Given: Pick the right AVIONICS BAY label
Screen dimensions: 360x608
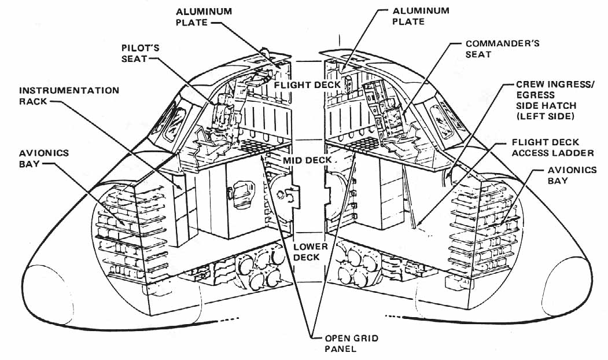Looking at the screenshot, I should (572, 175).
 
